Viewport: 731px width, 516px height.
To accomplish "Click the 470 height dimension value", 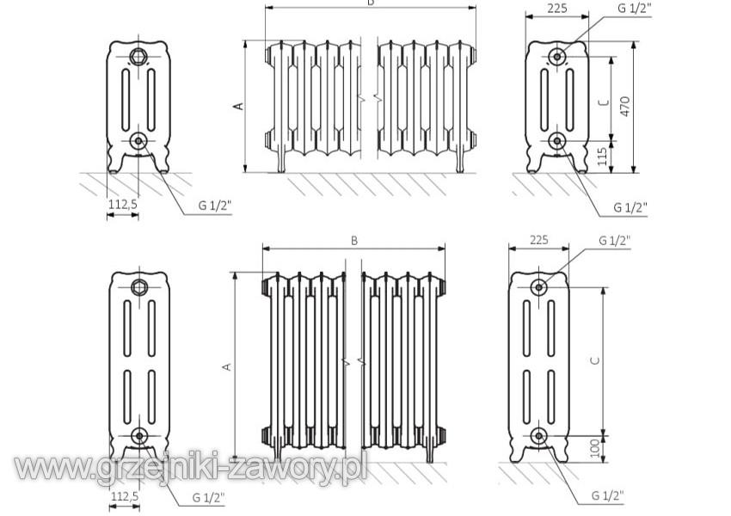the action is click(624, 107).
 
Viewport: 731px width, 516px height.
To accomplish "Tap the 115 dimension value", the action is click(602, 157).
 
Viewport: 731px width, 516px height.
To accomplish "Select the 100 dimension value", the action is click(595, 448).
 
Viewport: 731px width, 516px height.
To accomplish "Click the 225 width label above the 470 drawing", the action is click(557, 8).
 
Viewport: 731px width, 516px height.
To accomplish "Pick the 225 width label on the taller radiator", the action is click(539, 240).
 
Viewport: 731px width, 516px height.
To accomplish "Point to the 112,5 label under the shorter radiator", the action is click(123, 204).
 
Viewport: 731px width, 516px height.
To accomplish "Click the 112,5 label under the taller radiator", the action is click(125, 496).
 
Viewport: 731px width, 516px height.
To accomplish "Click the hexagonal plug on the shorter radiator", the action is click(138, 57).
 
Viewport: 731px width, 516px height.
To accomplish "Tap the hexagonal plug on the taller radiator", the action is click(139, 286).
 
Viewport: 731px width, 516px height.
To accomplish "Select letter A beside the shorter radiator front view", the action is click(238, 107).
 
